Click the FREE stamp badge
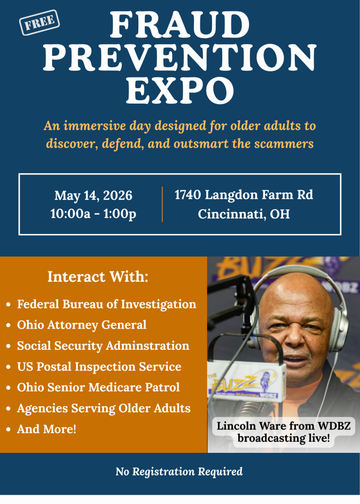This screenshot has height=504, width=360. pyautogui.click(x=39, y=22)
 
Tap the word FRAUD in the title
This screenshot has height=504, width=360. pyautogui.click(x=180, y=25)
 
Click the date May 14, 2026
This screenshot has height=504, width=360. pyautogui.click(x=93, y=195)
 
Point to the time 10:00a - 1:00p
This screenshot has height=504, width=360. pyautogui.click(x=93, y=214)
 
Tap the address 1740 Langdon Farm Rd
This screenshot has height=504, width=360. pyautogui.click(x=244, y=195)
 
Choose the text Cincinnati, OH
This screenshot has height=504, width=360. pyautogui.click(x=244, y=214)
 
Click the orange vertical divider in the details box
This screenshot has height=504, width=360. pyautogui.click(x=162, y=204)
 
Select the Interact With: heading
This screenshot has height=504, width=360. pyautogui.click(x=97, y=277)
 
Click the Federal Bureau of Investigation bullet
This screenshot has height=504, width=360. pyautogui.click(x=106, y=304)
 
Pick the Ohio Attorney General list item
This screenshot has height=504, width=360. pyautogui.click(x=82, y=325)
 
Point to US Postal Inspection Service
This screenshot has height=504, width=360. pyautogui.click(x=99, y=367)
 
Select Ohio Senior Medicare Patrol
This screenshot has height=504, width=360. pyautogui.click(x=98, y=388)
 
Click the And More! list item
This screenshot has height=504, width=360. pyautogui.click(x=46, y=429)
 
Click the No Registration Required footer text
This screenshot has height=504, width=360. pyautogui.click(x=179, y=472)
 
